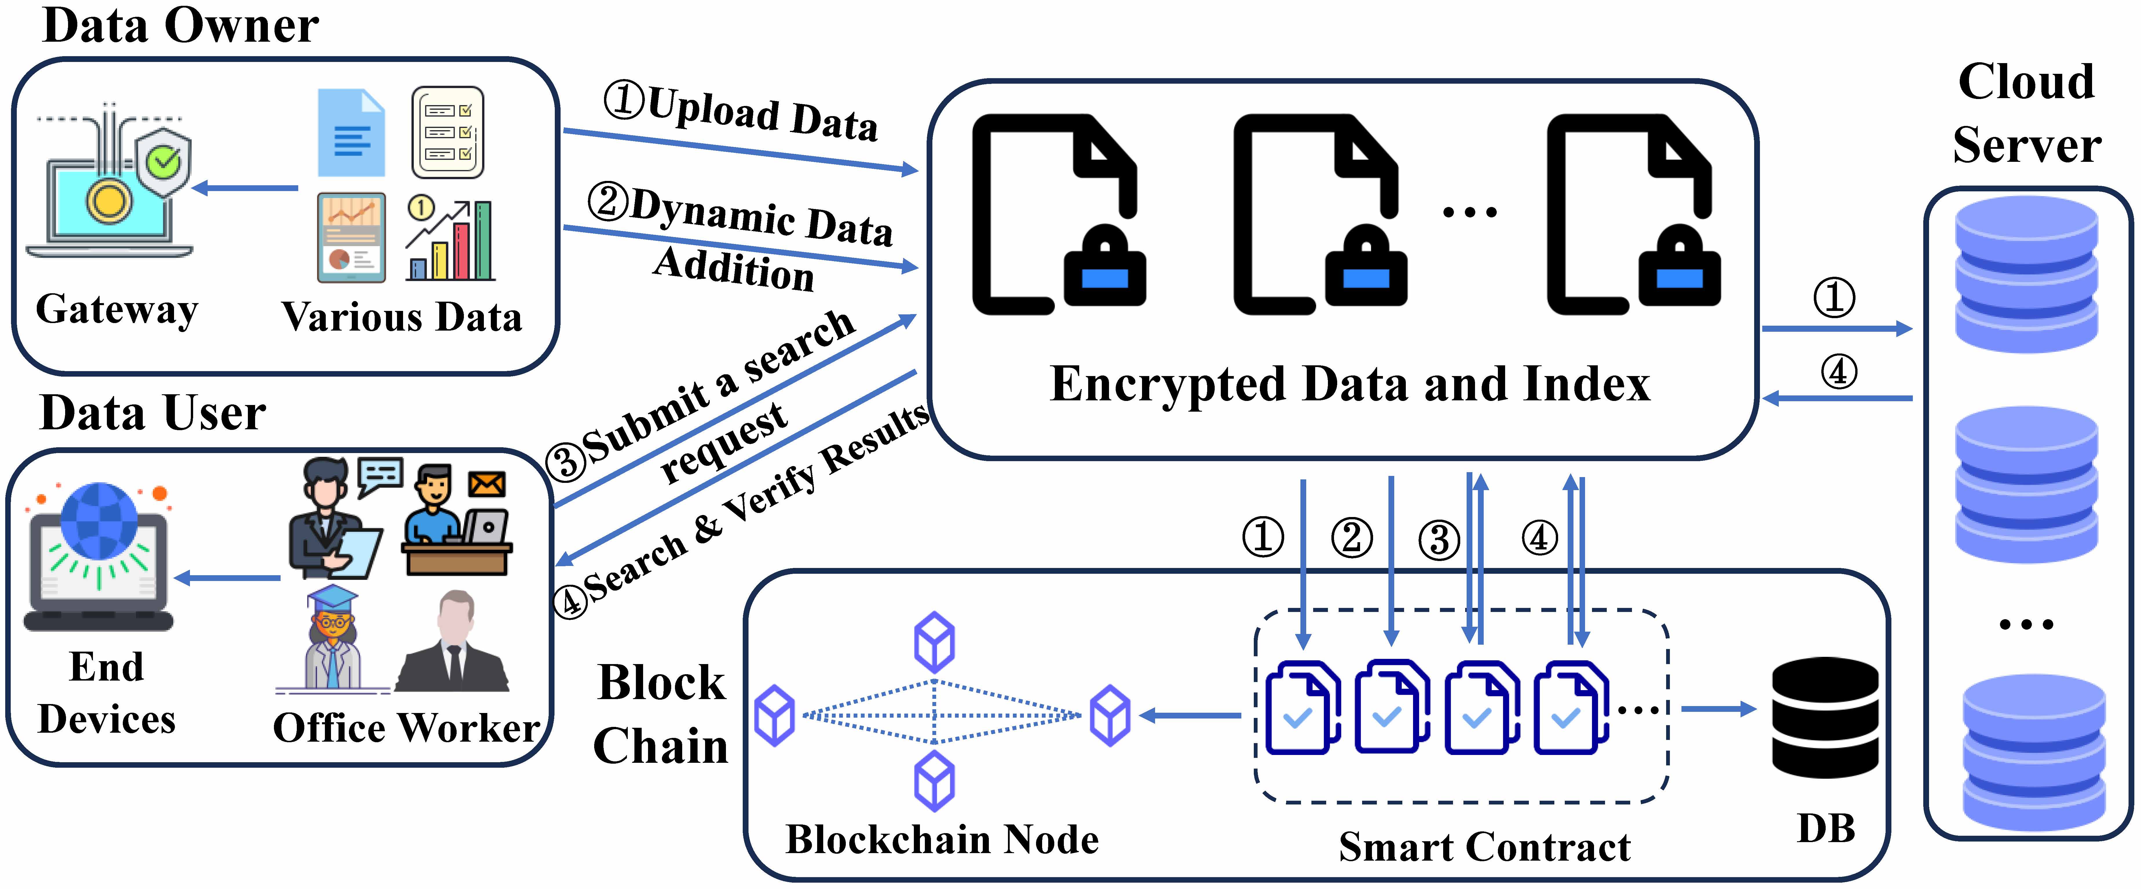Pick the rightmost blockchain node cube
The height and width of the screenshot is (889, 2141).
point(1110,714)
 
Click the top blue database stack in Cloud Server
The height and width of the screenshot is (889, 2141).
point(2026,274)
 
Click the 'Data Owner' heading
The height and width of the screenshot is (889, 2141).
point(180,25)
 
